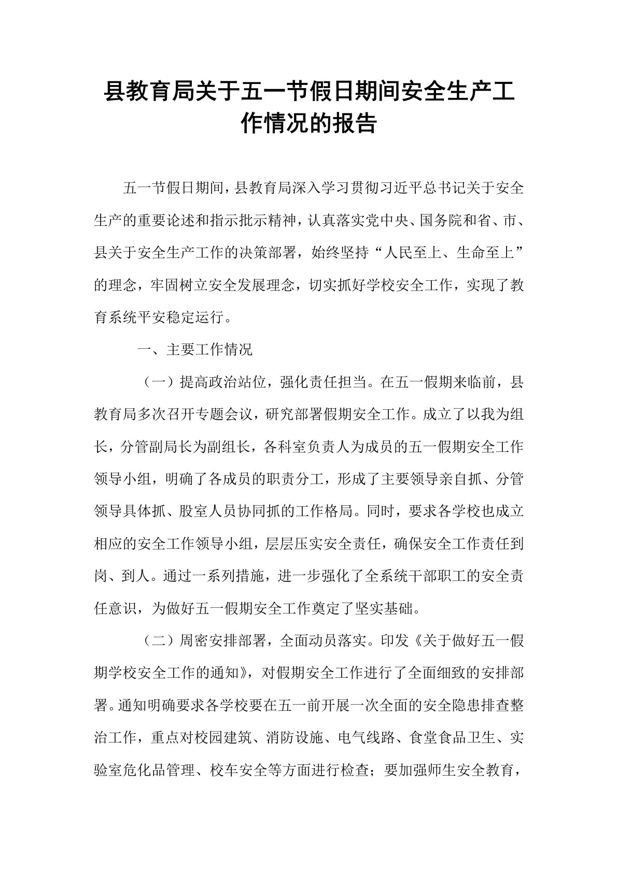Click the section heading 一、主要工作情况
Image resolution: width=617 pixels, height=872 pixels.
tap(194, 350)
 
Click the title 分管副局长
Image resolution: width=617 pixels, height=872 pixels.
tap(158, 447)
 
